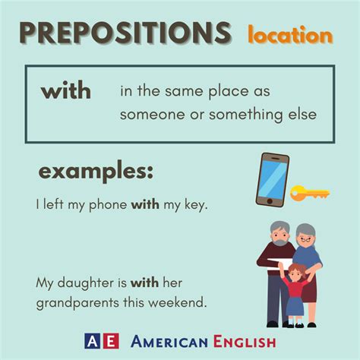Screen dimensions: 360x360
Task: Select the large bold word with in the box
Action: click(66, 91)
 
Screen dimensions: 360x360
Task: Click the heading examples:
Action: click(96, 172)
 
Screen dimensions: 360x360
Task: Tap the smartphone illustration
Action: click(272, 179)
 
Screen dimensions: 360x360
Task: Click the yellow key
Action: click(310, 193)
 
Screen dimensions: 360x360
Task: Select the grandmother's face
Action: click(306, 236)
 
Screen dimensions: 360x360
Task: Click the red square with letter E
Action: click(111, 341)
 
